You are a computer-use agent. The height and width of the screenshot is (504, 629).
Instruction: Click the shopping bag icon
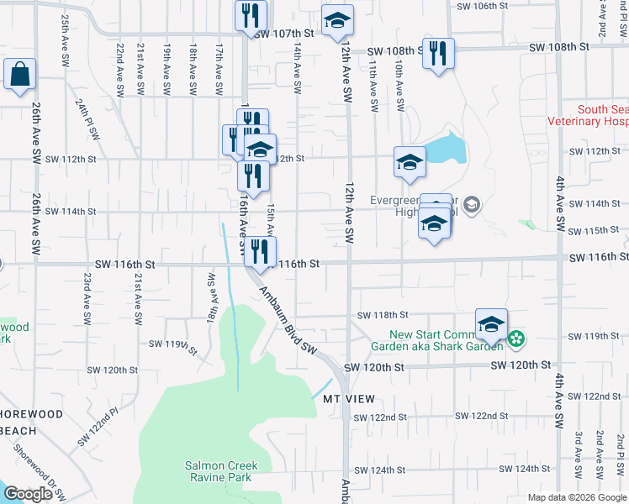(x=19, y=74)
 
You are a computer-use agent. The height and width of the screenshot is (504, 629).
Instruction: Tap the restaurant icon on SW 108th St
(x=438, y=54)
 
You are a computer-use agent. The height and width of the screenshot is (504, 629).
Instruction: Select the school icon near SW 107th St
(x=337, y=21)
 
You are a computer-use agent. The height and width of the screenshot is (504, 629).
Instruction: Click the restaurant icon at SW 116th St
(x=261, y=251)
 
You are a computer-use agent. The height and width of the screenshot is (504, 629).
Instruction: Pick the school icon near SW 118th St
(x=492, y=325)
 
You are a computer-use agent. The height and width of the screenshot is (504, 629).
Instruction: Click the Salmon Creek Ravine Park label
(x=221, y=471)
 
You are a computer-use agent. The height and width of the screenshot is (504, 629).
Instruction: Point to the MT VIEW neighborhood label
(x=348, y=398)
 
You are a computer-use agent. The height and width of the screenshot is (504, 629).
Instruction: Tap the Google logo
(x=27, y=494)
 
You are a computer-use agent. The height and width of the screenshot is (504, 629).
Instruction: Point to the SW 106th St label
(x=483, y=6)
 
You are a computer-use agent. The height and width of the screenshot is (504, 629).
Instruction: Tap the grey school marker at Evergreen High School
(x=472, y=203)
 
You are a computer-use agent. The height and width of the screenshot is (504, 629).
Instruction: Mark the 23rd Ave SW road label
(x=87, y=297)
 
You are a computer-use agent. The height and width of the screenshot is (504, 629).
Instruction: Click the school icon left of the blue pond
(x=410, y=162)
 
